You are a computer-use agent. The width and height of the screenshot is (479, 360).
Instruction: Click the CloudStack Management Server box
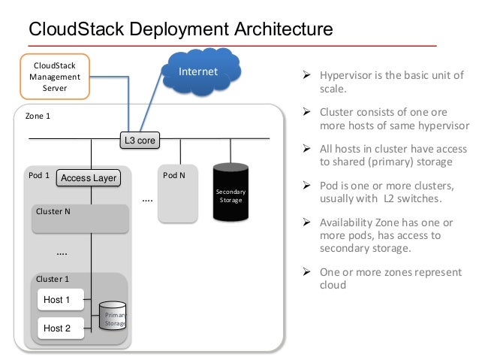pos(54,76)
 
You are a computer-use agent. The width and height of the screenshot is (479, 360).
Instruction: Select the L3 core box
pos(140,139)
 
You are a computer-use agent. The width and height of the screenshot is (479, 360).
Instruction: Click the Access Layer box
pos(89,178)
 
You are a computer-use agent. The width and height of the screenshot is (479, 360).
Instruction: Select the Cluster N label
pos(53,211)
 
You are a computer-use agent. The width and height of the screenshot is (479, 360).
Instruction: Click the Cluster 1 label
pos(53,279)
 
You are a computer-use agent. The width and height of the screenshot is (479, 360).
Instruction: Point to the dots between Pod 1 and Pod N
pos(147,200)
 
